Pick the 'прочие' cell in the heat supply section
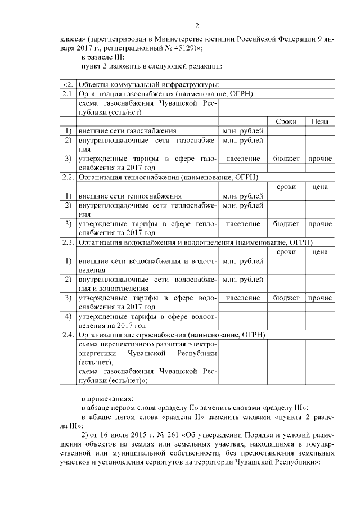tap(319, 224)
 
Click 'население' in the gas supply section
tap(242, 159)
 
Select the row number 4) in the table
tap(67, 316)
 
